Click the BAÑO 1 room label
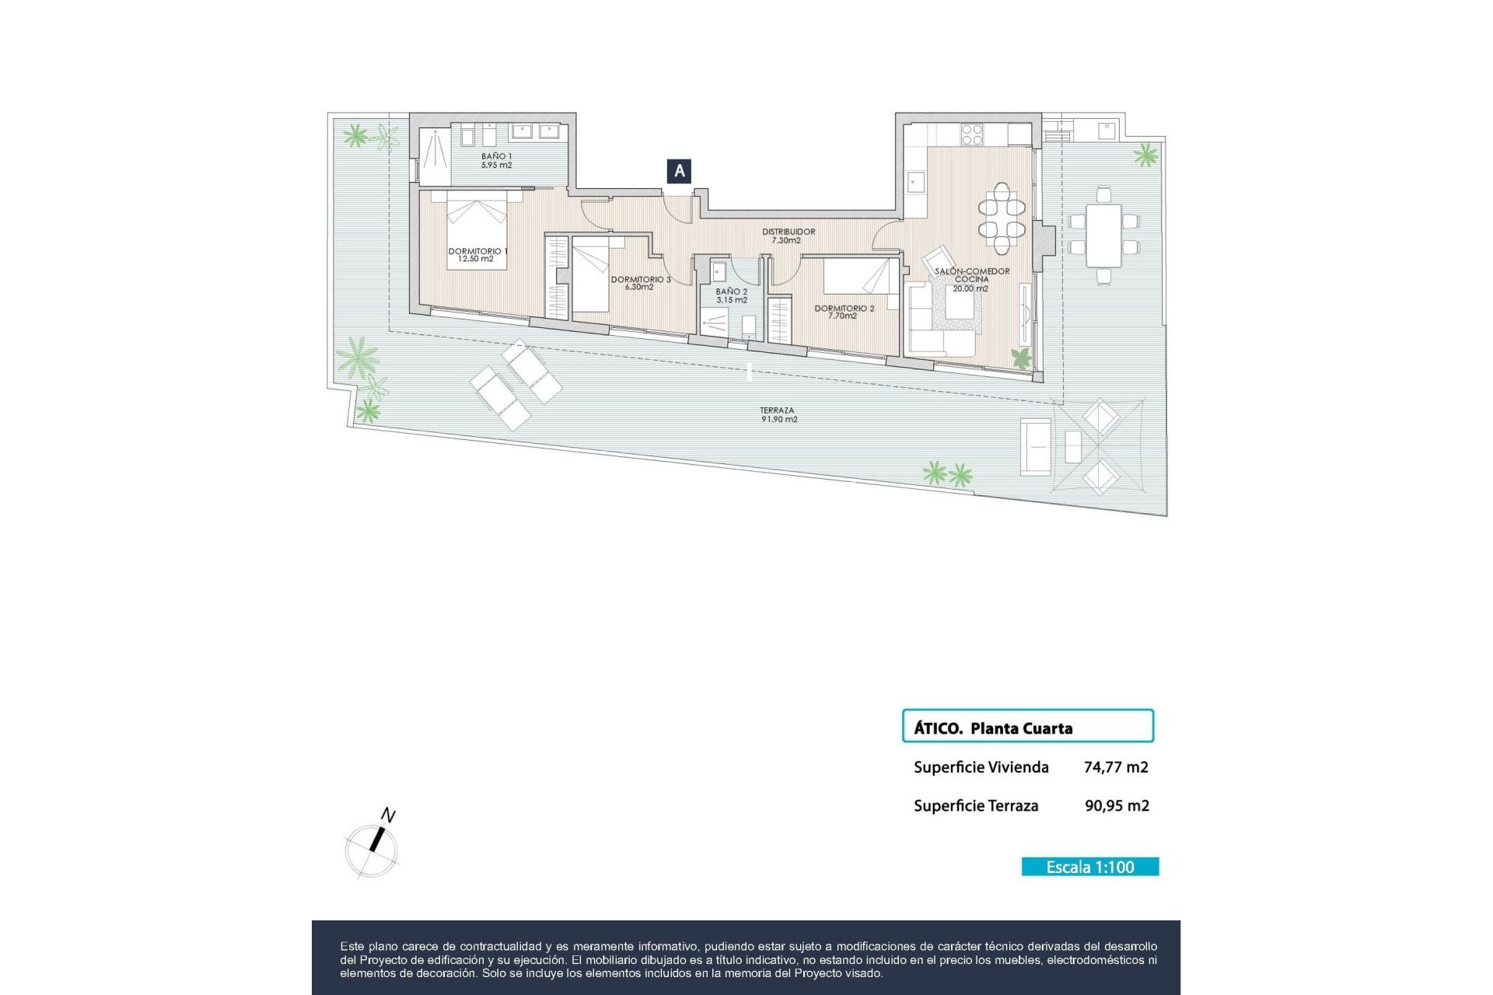(x=496, y=161)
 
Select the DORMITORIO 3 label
(x=640, y=283)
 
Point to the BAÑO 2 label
(x=731, y=295)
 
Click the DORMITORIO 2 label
(x=844, y=312)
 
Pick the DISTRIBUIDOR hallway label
(x=788, y=236)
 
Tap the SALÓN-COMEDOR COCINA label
(x=971, y=279)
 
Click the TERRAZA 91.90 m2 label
(x=778, y=414)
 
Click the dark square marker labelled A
(x=679, y=171)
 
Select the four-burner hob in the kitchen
(x=972, y=135)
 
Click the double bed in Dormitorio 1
(x=477, y=231)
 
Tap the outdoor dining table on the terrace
(x=1103, y=235)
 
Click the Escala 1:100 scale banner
(x=1089, y=867)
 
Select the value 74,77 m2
(x=1116, y=767)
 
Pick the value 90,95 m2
(x=1117, y=806)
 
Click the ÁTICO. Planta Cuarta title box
(x=1027, y=726)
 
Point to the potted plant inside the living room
(x=1021, y=358)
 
